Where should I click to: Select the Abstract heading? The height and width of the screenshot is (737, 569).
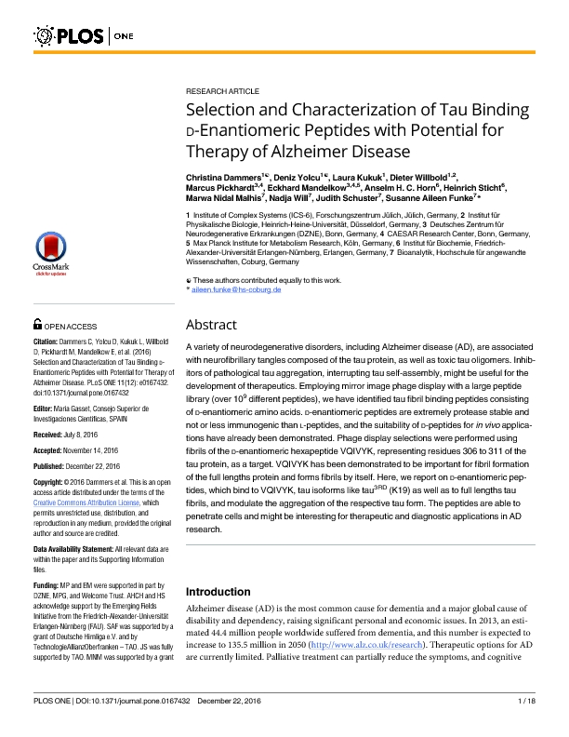point(212,325)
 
